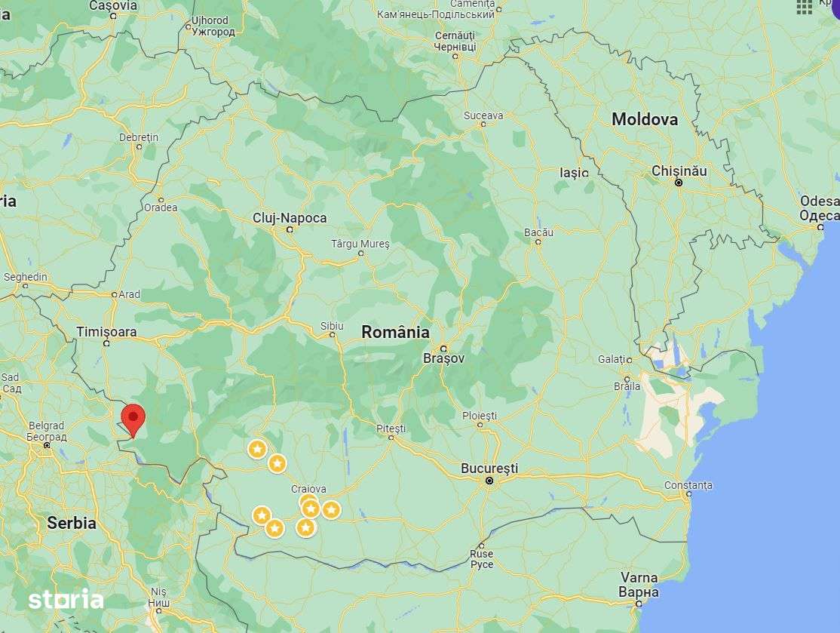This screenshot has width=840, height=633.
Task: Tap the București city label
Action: point(489,469)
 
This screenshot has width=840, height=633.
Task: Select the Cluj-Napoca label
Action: point(290,218)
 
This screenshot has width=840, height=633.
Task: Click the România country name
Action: point(395,332)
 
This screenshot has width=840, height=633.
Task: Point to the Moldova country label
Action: point(644,119)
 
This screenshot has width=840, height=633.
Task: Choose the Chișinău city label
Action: point(679,171)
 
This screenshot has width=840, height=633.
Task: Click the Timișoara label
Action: point(107,332)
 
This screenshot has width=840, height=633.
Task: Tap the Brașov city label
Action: point(443,358)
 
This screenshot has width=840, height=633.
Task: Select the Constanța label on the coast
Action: point(688,485)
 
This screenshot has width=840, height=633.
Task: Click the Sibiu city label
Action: point(332,326)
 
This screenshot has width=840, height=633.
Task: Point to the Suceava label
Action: point(483,115)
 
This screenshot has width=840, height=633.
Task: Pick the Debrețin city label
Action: point(139,137)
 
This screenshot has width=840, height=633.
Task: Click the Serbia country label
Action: point(72,522)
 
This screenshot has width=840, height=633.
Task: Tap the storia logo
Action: point(66,600)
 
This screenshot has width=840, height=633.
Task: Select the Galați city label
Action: point(611,360)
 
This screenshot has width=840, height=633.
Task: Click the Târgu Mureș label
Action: point(360,244)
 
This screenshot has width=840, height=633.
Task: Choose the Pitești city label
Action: point(391,429)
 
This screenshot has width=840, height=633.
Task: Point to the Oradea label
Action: point(161,207)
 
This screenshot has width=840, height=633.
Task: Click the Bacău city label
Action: point(538,232)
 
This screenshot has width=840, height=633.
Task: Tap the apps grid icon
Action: point(805,7)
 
